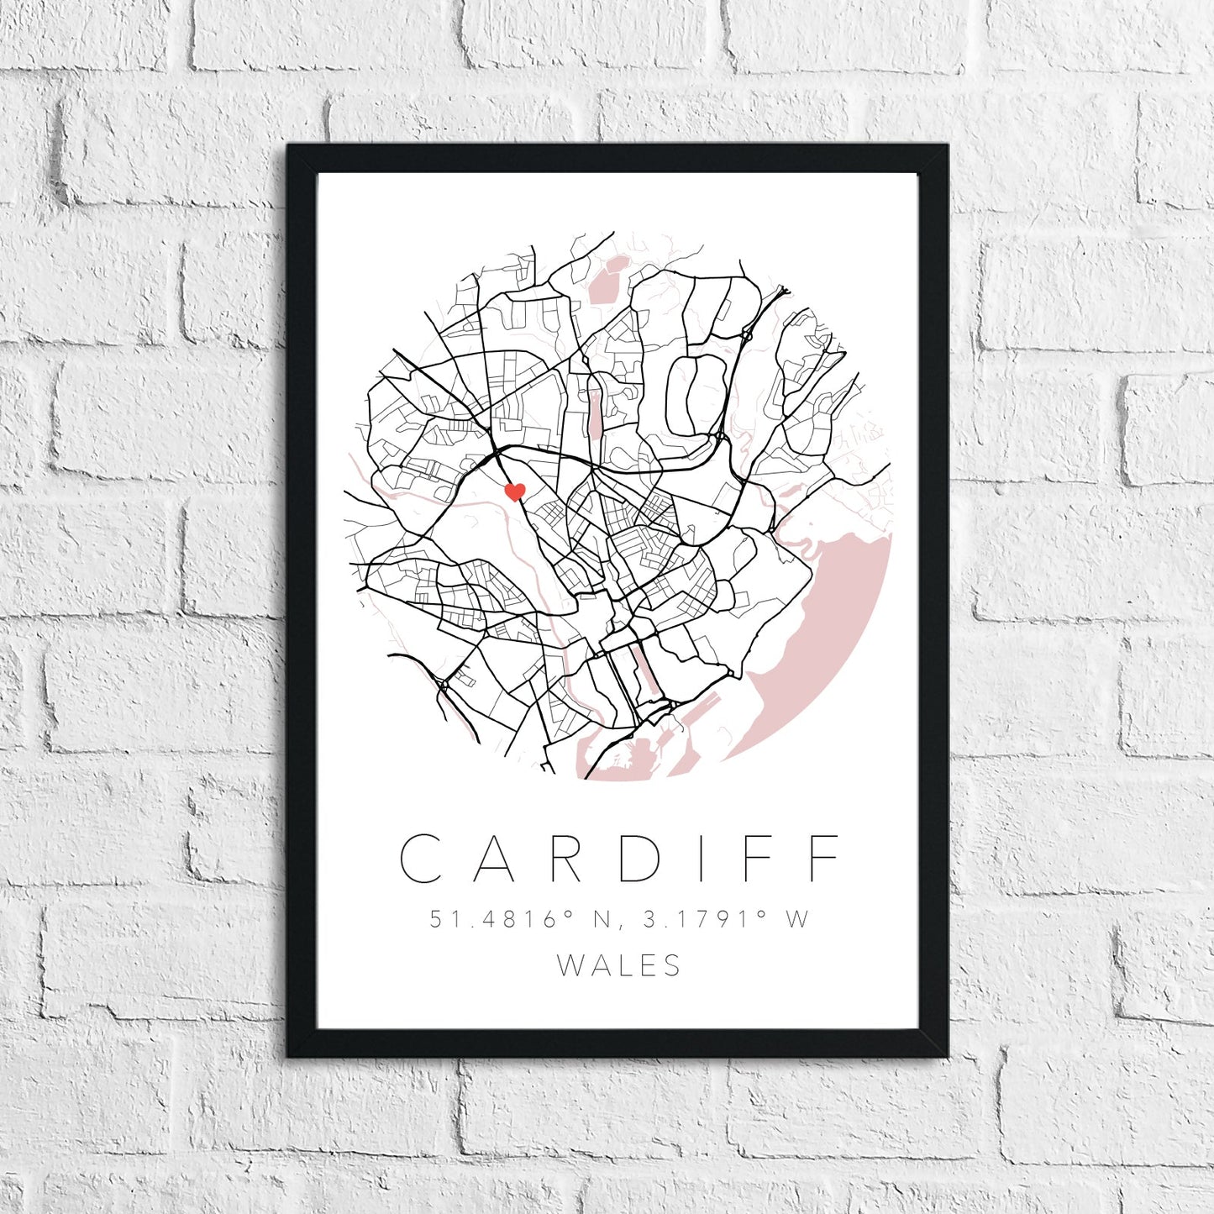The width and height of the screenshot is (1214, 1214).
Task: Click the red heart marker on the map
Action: [515, 491]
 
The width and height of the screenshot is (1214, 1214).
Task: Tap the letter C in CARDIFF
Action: [423, 859]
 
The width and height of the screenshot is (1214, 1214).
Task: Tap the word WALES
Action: [619, 966]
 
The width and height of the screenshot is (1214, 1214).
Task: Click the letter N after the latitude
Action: [603, 920]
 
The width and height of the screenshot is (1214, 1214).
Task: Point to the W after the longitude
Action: [797, 920]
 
